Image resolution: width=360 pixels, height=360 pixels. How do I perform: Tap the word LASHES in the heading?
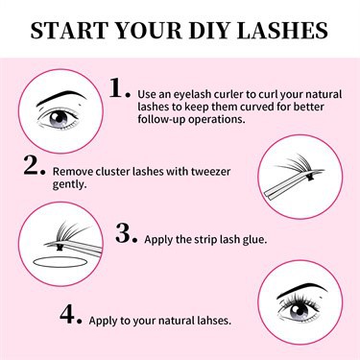pos(283,31)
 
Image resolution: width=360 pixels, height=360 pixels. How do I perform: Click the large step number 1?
pos(117,88)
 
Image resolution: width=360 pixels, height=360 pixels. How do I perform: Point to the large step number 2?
pos(32,164)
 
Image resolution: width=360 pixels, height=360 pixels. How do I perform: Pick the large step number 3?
pos(123,233)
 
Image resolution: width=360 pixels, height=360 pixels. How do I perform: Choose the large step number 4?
pos(67,314)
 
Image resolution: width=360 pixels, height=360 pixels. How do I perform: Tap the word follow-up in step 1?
pos(161,119)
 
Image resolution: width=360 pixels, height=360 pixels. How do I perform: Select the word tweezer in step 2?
pos(210,172)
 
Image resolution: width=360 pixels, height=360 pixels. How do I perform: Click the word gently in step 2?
pos(69,184)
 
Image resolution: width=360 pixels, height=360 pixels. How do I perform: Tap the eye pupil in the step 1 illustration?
pos(59,118)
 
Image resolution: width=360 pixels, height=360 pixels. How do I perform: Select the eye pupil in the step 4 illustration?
pos(300,309)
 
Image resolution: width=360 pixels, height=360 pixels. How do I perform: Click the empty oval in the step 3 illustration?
pos(60,262)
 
